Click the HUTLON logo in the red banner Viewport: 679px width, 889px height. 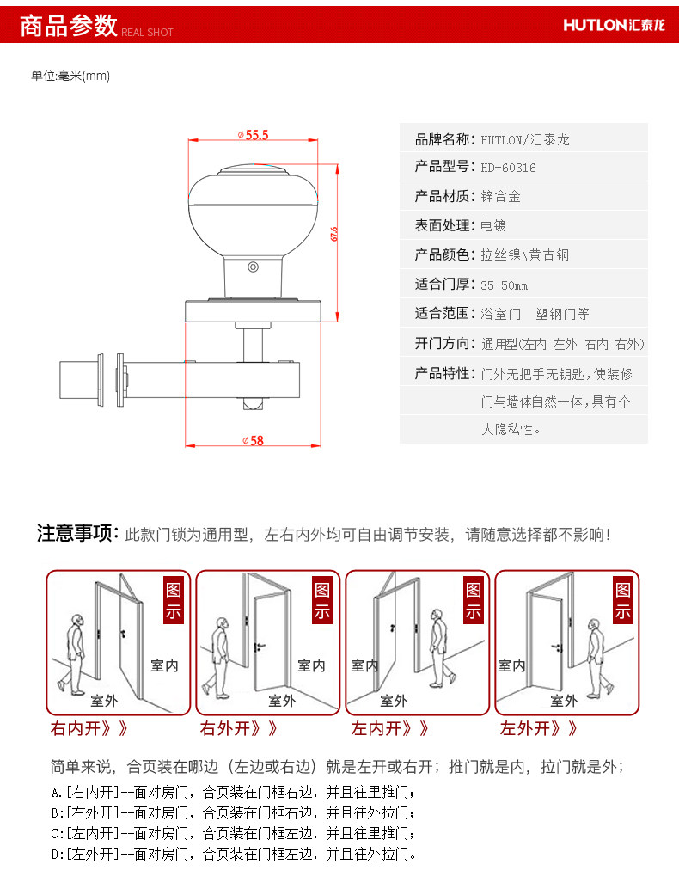pos(614,24)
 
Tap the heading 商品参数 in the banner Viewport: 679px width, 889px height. pos(68,26)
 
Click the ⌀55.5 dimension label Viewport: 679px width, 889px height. pos(254,135)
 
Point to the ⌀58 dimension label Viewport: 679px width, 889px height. pos(254,440)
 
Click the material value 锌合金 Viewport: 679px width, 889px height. pos(501,197)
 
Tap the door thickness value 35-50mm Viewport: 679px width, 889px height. pos(505,285)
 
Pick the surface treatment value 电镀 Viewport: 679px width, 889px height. pos(493,226)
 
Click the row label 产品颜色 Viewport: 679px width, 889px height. pos(443,255)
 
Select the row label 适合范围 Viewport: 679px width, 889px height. pos(443,314)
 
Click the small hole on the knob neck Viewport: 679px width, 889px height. pos(253,268)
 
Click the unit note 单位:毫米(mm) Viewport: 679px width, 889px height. pos(70,76)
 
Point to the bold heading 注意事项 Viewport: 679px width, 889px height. pos(76,534)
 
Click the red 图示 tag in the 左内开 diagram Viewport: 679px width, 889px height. pos(474,601)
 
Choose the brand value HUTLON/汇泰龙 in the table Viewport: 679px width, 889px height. pos(525,138)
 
